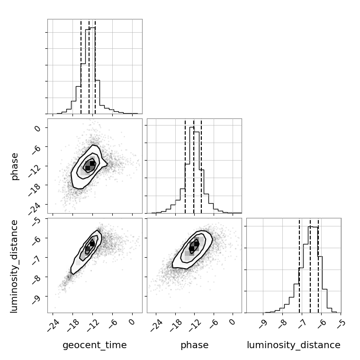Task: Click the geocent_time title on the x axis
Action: (95, 345)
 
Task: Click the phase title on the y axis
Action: (15, 166)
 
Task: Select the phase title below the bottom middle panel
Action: (194, 345)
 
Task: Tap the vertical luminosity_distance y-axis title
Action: (15, 266)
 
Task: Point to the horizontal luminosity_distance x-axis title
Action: (294, 345)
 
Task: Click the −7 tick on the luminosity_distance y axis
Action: (36, 257)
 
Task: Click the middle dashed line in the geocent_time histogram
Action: (89, 66)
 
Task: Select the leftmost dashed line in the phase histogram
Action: (185, 166)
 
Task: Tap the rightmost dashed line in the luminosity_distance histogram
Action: (318, 265)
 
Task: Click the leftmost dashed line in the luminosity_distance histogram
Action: (299, 265)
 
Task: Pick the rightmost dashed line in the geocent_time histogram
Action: (95, 66)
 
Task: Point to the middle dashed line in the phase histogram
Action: (194, 166)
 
